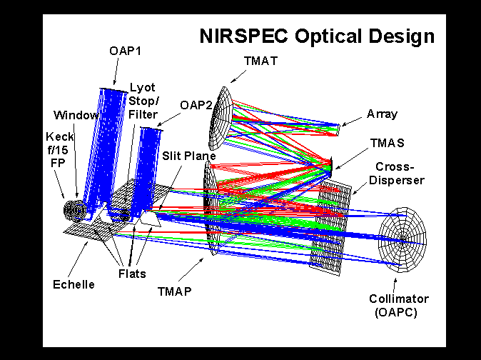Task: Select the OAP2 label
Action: tap(196, 104)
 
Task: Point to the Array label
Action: tap(382, 114)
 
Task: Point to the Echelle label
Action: tap(74, 284)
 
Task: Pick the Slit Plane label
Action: tap(191, 156)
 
